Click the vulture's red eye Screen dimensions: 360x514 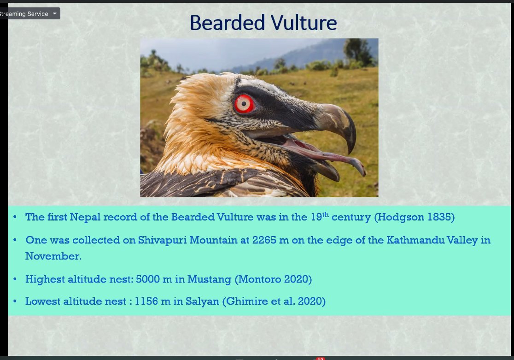pyautogui.click(x=244, y=104)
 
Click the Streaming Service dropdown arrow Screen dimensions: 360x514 pyautogui.click(x=55, y=13)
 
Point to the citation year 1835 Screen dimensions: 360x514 pyautogui.click(x=439, y=217)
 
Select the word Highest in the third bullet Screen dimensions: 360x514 pyautogui.click(x=43, y=279)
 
